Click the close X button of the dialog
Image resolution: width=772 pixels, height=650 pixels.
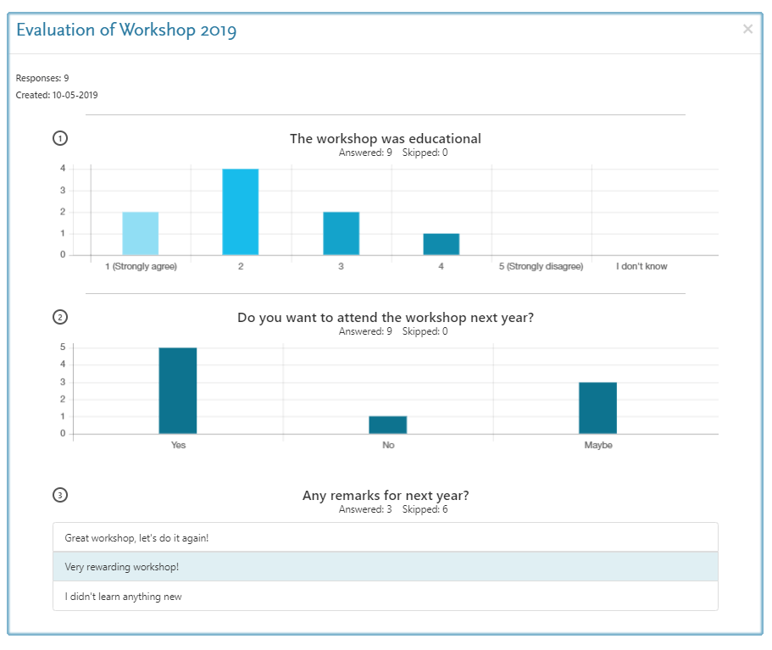coord(747,30)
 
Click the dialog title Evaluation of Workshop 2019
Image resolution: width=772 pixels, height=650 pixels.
coord(126,31)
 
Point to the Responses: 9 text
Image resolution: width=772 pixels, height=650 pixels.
coord(42,78)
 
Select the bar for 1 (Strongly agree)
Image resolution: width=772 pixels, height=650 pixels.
coord(140,233)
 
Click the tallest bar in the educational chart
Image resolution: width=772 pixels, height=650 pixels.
coord(241,212)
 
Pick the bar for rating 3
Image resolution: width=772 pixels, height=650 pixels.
coord(341,233)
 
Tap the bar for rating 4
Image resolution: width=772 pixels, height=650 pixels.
coord(442,244)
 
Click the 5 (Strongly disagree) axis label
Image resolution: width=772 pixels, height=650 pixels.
coord(542,267)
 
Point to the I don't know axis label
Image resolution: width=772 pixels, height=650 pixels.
coord(641,267)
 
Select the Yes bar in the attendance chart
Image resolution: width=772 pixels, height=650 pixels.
coord(178,391)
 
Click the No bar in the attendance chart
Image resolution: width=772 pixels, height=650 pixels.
coord(388,425)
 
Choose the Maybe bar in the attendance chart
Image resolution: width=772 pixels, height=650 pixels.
coord(597,408)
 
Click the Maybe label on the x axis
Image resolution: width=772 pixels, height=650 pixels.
coord(597,445)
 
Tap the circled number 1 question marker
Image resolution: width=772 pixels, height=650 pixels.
coord(60,138)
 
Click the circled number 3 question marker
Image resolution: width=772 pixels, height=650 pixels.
coord(60,495)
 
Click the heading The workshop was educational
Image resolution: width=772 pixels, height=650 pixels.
coord(386,138)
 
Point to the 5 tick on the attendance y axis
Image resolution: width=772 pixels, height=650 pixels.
coord(63,347)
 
